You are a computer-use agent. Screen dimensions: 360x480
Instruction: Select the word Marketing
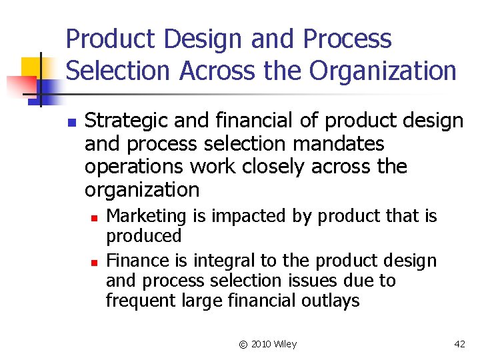147,216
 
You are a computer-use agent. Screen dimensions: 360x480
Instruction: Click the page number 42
459,344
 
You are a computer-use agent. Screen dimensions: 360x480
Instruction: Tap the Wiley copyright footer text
267,344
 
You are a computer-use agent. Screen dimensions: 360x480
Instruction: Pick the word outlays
327,301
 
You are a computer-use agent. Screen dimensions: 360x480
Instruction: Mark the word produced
144,236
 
